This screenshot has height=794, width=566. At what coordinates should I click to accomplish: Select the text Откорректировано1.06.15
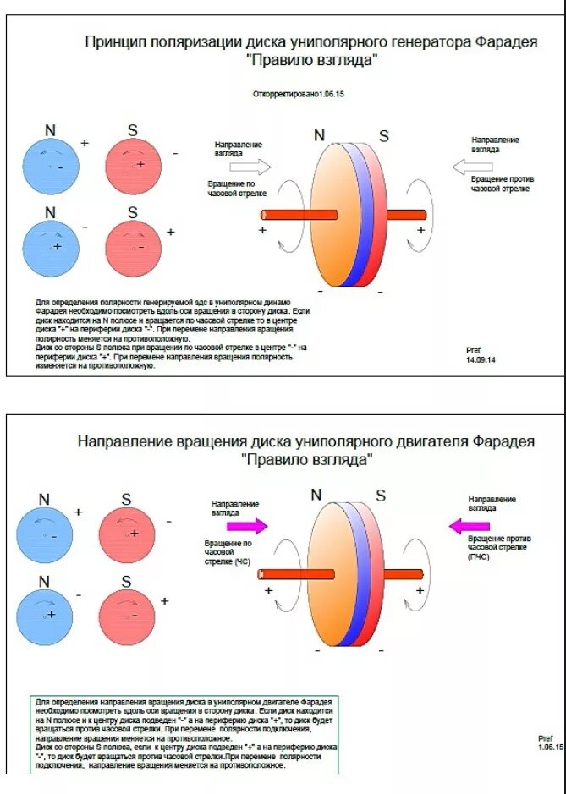point(299,94)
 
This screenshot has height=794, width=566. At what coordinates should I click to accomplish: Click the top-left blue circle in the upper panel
point(50,166)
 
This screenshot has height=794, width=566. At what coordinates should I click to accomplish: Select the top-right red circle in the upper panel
point(133,166)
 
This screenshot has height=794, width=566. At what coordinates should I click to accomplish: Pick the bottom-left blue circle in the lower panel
point(46,617)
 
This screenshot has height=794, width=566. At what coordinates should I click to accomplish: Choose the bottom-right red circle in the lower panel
point(127,617)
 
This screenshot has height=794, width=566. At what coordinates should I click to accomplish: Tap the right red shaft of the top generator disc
point(405,215)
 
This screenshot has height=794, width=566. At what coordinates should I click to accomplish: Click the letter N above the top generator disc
point(319,135)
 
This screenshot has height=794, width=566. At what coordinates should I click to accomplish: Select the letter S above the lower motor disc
point(381,496)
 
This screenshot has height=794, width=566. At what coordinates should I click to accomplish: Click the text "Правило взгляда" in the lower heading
point(306,461)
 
